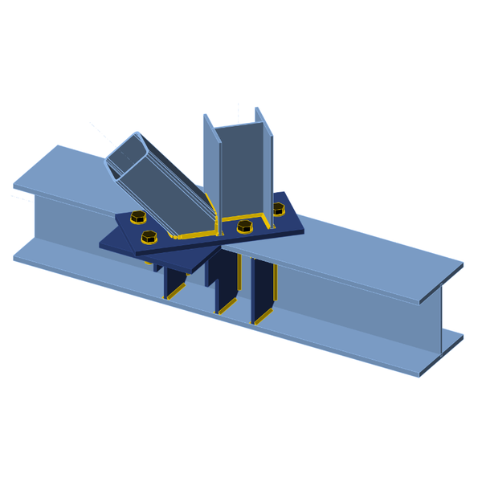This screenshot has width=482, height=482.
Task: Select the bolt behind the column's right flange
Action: click(x=278, y=209)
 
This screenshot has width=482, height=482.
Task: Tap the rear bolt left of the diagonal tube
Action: click(x=137, y=217)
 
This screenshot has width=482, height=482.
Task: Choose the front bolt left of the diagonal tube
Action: click(x=149, y=237)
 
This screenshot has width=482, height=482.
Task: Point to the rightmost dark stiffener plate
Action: click(x=262, y=289)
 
